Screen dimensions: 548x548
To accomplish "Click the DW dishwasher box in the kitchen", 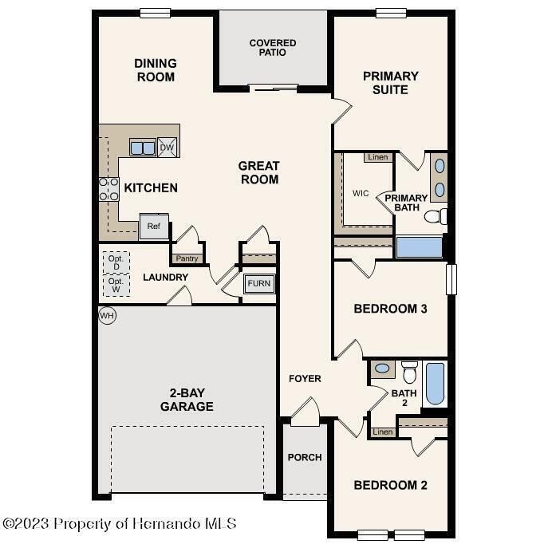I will coord(167,148).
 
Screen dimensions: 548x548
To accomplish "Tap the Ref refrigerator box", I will coord(153,227).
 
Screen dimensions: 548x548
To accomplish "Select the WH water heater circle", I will coord(107,316).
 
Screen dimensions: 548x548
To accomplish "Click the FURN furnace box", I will coord(258,284).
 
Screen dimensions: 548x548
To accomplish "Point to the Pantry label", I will coord(186,258).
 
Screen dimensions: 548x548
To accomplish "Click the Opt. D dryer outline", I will coord(116,262).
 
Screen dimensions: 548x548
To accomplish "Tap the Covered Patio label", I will coord(273,48).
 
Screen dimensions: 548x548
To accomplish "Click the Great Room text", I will coord(259,173).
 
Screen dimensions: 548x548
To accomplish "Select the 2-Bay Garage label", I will coord(191,400).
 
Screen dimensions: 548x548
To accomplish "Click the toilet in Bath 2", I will coord(410,372).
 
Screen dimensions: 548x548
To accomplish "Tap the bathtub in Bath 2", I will coord(436,384).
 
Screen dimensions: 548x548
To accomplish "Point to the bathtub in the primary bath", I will coord(419,246).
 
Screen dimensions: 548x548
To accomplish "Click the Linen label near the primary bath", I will coord(378,157).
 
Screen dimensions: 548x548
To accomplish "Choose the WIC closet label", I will coord(361,193).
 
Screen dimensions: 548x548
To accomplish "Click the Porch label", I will coord(305,457).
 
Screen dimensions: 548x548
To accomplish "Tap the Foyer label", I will coord(305,378).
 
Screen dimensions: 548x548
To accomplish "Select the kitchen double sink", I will coord(143,148).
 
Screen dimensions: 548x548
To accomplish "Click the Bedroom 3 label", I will coord(391,309).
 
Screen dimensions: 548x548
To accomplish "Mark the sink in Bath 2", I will coord(382,369).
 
